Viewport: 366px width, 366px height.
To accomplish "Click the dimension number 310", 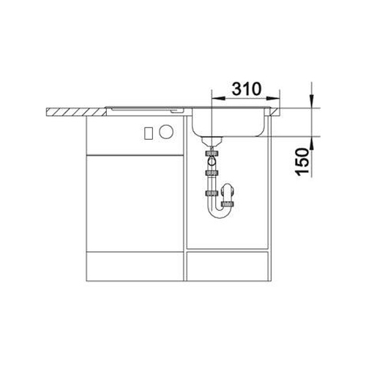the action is [247, 89].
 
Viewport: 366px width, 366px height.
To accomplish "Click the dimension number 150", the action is [302, 162].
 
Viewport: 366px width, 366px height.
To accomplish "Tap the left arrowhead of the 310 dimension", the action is [218, 98].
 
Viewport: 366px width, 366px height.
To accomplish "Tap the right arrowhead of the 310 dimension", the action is [273, 98].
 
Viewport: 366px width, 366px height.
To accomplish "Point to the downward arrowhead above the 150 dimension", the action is [312, 101].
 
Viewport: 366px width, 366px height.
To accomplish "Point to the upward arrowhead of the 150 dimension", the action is [312, 143].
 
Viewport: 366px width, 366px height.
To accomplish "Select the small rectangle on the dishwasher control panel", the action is [149, 133].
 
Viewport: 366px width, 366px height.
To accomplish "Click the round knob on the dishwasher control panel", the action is [166, 132].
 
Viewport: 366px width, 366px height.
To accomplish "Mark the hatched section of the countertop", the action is [76, 111].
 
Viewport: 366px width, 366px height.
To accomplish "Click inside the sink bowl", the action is [228, 122].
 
